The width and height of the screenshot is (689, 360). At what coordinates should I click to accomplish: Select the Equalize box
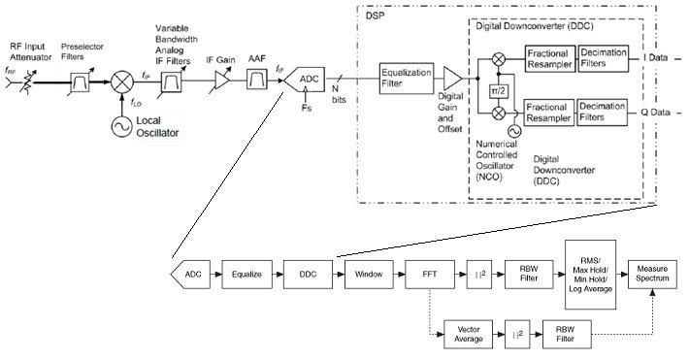click(246, 274)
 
